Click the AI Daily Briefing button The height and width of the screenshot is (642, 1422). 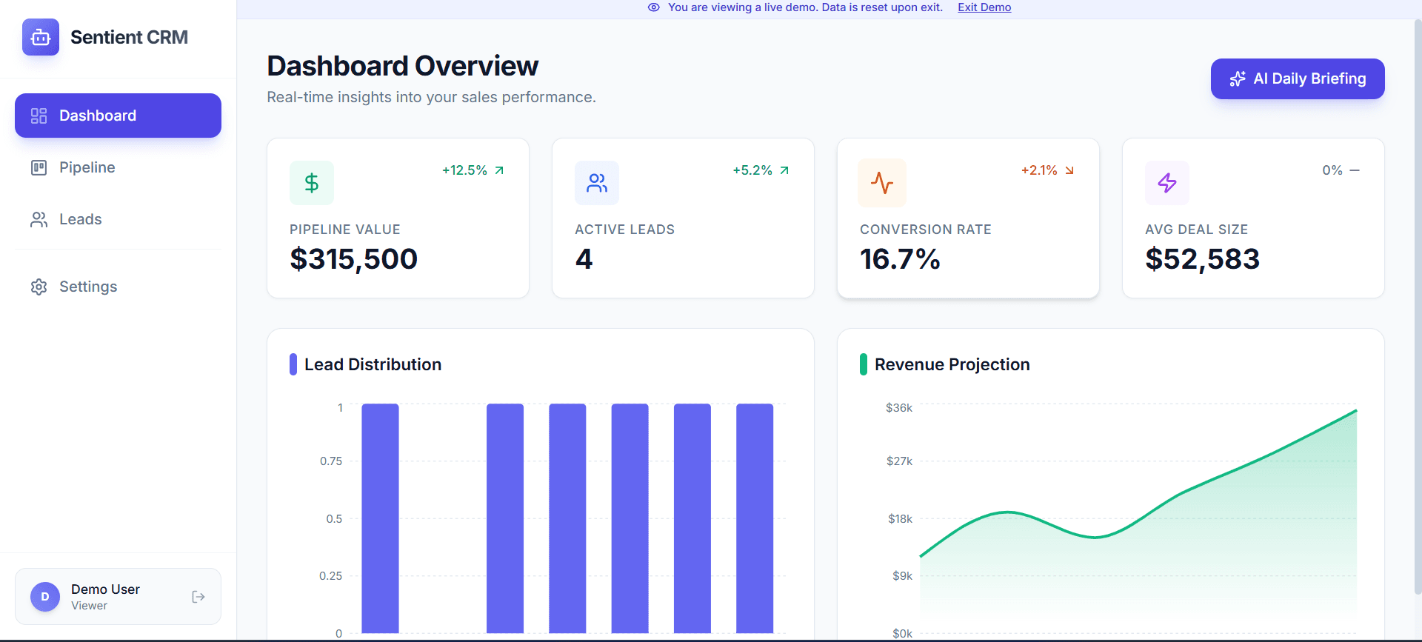click(x=1297, y=78)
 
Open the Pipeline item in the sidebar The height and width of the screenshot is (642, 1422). click(x=87, y=167)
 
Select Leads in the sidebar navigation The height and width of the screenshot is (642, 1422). click(x=80, y=219)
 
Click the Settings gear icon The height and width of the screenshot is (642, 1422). click(x=39, y=287)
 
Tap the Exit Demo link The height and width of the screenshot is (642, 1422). click(x=984, y=7)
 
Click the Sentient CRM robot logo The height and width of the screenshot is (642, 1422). click(x=41, y=37)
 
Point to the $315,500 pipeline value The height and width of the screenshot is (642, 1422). click(x=353, y=259)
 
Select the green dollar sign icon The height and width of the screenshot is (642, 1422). click(x=312, y=183)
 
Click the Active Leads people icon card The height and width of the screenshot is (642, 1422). click(x=596, y=183)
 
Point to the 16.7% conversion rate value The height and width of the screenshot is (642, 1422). click(x=900, y=259)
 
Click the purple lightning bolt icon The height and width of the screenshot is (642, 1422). click(x=1167, y=183)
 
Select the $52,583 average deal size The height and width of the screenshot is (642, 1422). click(x=1202, y=259)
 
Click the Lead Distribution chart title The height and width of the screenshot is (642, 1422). click(x=373, y=364)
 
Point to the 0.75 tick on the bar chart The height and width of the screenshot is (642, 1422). click(x=331, y=461)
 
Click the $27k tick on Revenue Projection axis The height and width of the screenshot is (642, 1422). click(x=899, y=461)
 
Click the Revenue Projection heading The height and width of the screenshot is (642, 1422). click(x=952, y=364)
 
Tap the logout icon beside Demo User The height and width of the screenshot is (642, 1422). click(x=198, y=597)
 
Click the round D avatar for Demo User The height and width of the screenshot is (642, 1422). click(x=45, y=597)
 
